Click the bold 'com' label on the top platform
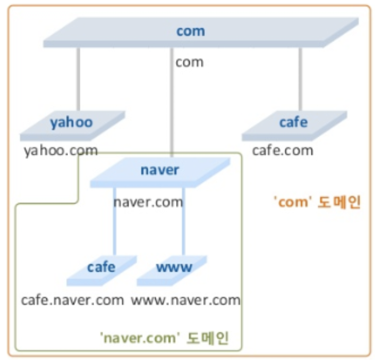click(191, 31)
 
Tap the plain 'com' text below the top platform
click(190, 62)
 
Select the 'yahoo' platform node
click(72, 123)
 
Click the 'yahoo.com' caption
click(60, 151)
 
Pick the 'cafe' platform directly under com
click(294, 123)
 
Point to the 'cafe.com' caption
click(282, 151)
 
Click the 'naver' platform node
click(160, 171)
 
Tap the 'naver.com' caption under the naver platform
click(148, 202)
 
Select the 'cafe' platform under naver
click(101, 269)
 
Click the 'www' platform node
click(174, 269)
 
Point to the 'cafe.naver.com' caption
click(73, 300)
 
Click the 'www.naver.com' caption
click(186, 300)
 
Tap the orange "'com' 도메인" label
click(316, 202)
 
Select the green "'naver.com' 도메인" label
click(164, 339)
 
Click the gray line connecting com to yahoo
click(79, 77)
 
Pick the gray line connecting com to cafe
click(300, 77)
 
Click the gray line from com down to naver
click(172, 113)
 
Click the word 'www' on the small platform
click(174, 267)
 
